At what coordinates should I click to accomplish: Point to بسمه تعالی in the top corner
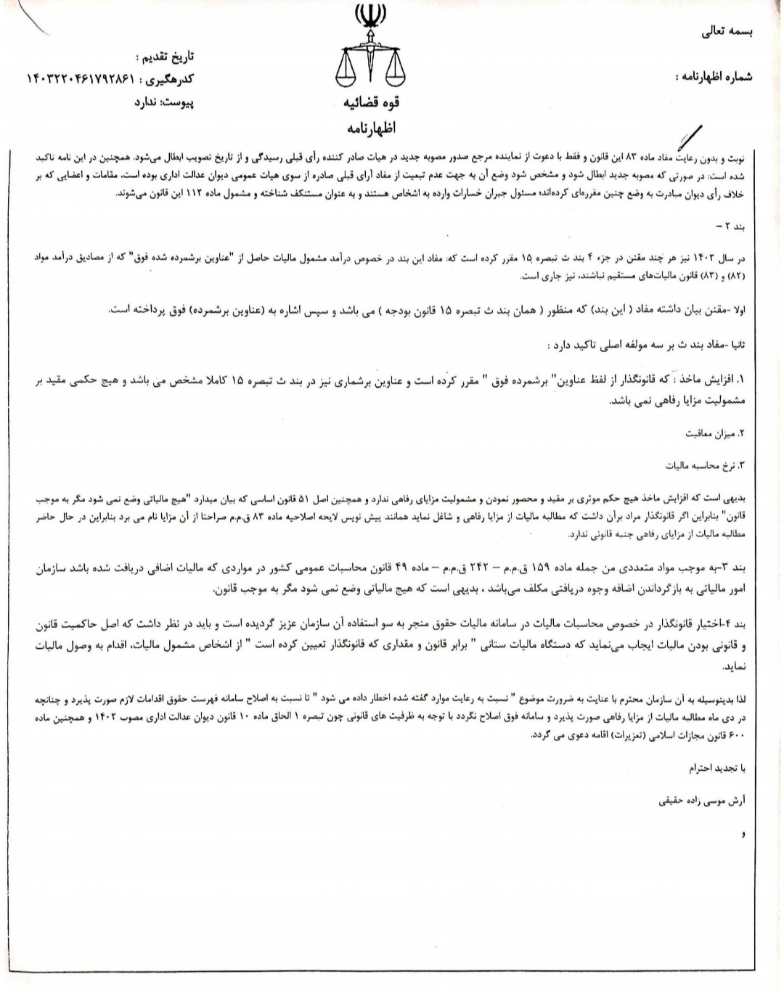[727, 32]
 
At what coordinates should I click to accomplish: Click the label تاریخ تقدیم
[165, 56]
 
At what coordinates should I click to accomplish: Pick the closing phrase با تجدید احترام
[719, 766]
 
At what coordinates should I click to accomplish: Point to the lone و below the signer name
[743, 835]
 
